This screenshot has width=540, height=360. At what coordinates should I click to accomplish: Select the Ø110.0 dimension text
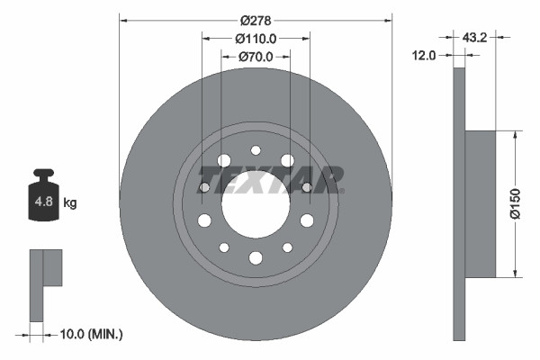tap(256, 39)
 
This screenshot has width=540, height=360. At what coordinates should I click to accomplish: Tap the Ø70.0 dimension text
tap(256, 57)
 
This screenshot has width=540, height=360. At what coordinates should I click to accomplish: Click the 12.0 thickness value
tap(425, 55)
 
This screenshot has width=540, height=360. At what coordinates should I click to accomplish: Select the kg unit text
tap(70, 203)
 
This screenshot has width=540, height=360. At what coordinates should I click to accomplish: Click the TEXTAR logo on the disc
tap(281, 178)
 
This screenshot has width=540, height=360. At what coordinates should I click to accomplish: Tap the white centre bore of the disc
tap(256, 204)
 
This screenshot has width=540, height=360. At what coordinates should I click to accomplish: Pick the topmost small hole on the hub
tap(256, 150)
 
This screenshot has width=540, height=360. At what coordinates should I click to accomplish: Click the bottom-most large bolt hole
tap(256, 258)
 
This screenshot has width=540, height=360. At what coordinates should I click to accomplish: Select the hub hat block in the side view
tap(481, 203)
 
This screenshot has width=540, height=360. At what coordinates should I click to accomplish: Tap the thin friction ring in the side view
tap(460, 203)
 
